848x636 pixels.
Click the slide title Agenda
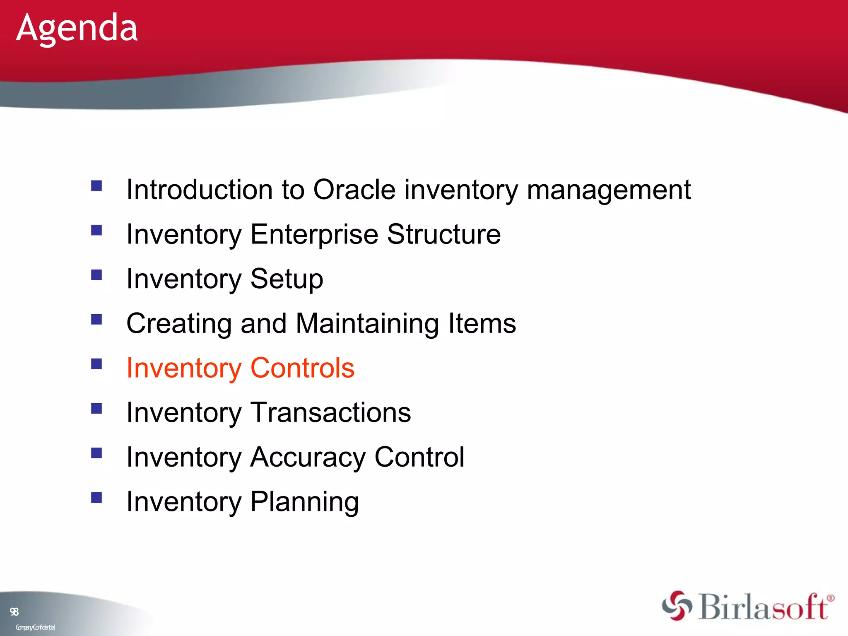[77, 28]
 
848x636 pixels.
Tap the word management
[609, 190]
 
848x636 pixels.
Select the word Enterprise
[314, 235]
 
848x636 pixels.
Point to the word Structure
[444, 234]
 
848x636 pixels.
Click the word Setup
[287, 279]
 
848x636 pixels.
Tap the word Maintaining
[367, 323]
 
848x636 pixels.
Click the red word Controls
[302, 368]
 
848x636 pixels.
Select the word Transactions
[331, 412]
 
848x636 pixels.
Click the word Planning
[304, 502]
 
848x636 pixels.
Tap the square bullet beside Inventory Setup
[96, 275]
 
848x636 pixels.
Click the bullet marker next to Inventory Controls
[96, 364]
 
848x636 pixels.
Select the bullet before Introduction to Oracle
[96, 185]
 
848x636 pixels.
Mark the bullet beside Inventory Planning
[96, 497]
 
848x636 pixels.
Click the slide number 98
[14, 612]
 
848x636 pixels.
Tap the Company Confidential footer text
[35, 627]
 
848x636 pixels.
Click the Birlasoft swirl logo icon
[677, 606]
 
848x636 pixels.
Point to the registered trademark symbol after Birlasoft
[830, 598]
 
